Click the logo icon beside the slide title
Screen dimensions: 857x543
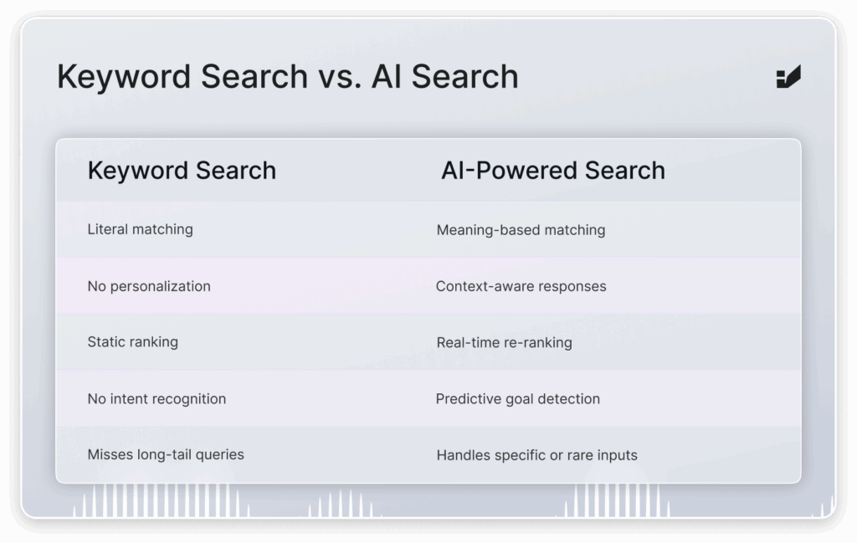(788, 76)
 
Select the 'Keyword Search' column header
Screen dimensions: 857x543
(182, 171)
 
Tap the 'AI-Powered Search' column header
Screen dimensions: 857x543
(553, 171)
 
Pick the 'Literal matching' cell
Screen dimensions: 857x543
(140, 229)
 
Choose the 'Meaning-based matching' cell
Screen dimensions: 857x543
(521, 230)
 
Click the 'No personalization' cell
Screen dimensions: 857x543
(149, 286)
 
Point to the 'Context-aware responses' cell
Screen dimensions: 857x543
(521, 286)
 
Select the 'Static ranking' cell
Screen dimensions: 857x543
(133, 342)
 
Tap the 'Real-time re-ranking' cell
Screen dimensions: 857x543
(505, 342)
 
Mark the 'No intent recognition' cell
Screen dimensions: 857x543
(157, 399)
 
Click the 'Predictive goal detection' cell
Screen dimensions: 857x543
(517, 399)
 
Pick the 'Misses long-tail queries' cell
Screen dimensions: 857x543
(166, 454)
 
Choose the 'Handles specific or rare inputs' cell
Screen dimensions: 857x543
(536, 455)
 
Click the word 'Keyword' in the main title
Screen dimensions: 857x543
(125, 76)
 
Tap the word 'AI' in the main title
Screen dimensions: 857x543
(387, 76)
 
